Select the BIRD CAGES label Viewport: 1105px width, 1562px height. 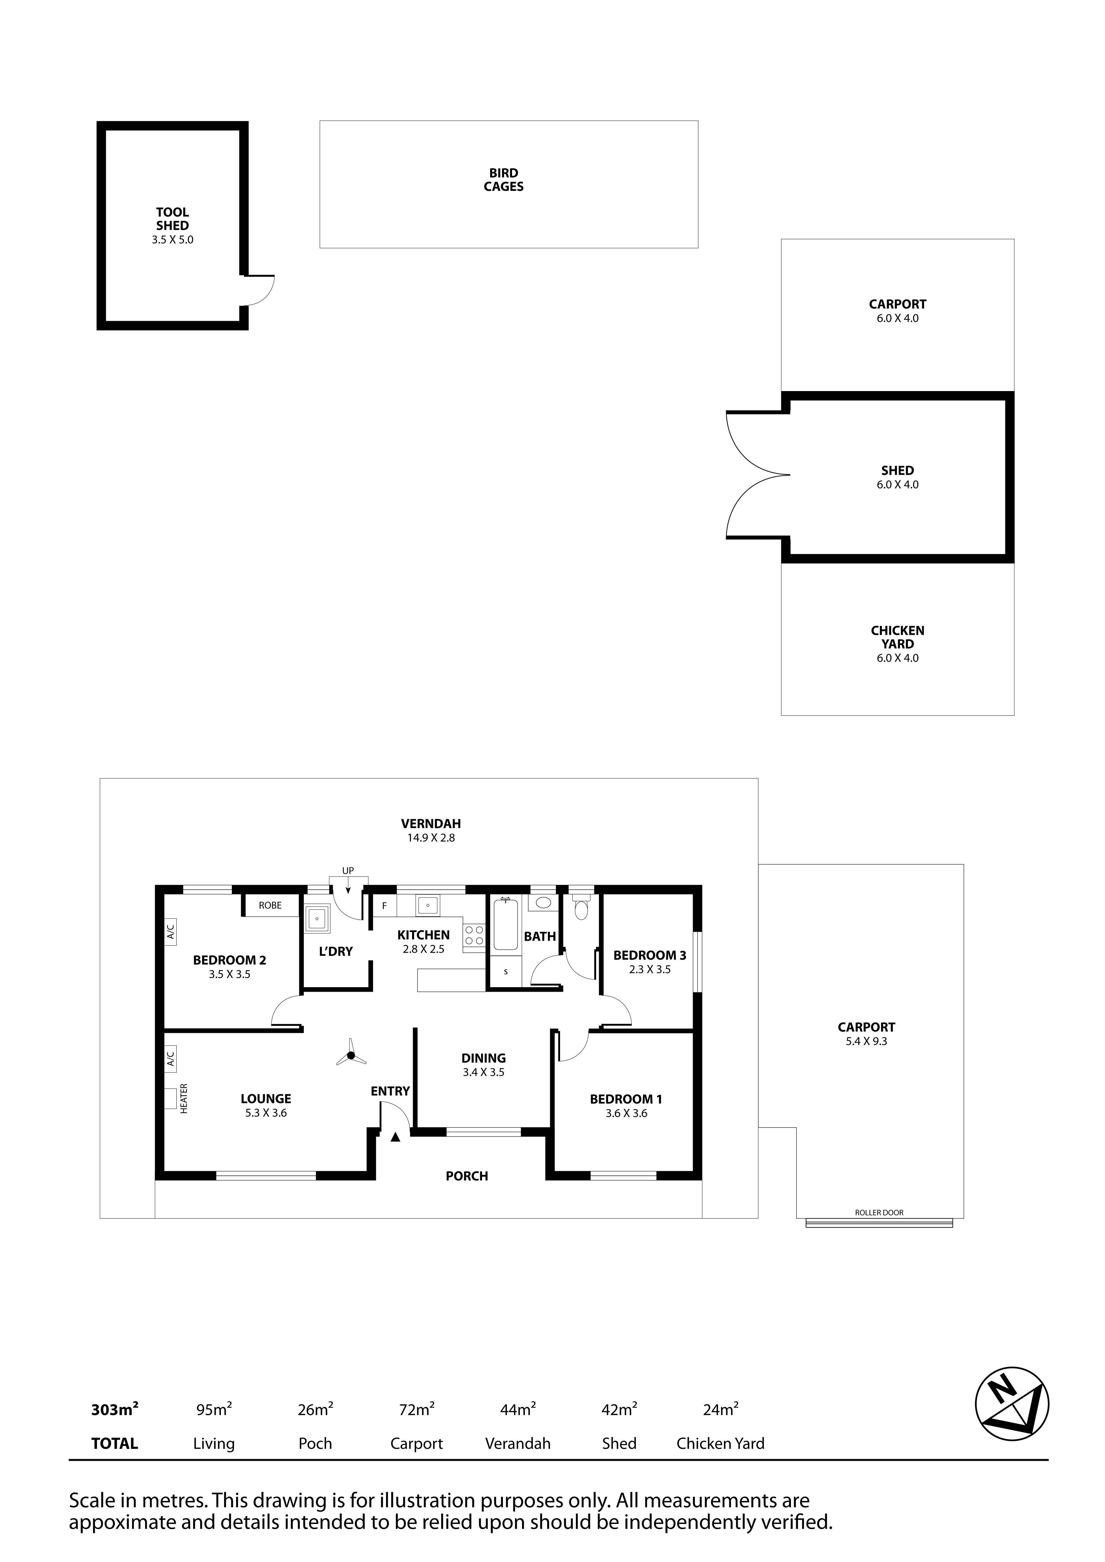tap(504, 180)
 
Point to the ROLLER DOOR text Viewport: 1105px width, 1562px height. tap(879, 1212)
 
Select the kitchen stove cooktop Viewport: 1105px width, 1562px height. tap(474, 936)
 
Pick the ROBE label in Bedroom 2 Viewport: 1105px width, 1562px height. tap(270, 906)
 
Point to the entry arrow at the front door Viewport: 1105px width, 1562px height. tap(395, 1136)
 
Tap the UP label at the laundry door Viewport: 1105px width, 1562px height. tap(348, 871)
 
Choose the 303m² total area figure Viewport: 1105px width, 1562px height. tap(114, 1404)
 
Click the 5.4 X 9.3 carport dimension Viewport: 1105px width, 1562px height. tap(866, 1042)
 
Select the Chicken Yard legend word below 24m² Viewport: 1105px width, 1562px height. tap(721, 1438)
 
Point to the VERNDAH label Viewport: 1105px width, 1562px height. tap(431, 824)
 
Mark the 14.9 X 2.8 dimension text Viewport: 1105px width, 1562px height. tap(431, 838)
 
